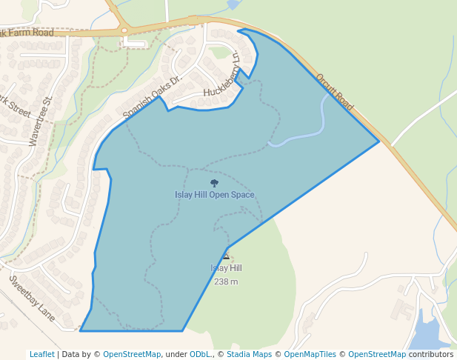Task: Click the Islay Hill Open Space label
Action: [x=214, y=195]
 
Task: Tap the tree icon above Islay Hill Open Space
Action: [x=214, y=182]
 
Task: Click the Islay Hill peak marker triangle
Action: [x=226, y=257]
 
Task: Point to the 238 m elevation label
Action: [x=226, y=281]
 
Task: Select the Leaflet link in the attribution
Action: [x=41, y=354]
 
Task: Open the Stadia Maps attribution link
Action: [x=249, y=354]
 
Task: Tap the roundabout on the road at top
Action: [x=124, y=31]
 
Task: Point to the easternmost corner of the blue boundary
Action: [x=378, y=141]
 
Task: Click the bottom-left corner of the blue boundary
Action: [x=81, y=330]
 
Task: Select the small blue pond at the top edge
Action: [x=233, y=4]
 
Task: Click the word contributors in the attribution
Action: [x=430, y=354]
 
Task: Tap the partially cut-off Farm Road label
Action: [x=27, y=33]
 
